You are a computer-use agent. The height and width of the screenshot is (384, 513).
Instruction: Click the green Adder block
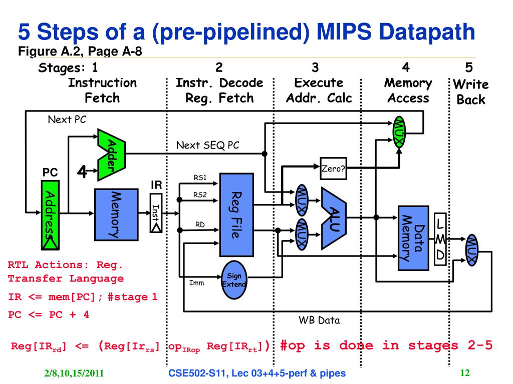[x=112, y=155]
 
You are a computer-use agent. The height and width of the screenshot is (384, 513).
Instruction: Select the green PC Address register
[x=51, y=215]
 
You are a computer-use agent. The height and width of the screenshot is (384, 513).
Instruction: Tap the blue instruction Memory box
[x=116, y=214]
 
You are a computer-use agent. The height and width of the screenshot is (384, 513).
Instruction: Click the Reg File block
[x=236, y=214]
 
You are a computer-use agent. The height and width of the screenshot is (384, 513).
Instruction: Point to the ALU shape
[x=334, y=218]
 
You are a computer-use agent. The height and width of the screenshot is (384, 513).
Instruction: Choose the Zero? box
[x=333, y=168]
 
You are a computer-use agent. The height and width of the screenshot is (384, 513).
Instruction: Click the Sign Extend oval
[x=234, y=280]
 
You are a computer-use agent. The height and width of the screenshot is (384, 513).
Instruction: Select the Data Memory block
[x=413, y=238]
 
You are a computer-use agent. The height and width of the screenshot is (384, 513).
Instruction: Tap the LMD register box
[x=440, y=239]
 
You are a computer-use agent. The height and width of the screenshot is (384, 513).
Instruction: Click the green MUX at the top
[x=399, y=132]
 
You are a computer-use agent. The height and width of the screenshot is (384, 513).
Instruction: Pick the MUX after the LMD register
[x=472, y=250]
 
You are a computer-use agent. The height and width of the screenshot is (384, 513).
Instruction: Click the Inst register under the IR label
[x=156, y=213]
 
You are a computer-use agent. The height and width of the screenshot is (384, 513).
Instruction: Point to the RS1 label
[x=200, y=177]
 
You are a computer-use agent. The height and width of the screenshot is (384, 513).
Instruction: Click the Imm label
[x=196, y=283]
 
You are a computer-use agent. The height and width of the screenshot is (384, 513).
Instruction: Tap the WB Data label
[x=319, y=320]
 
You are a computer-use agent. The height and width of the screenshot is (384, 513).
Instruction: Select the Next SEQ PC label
[x=208, y=145]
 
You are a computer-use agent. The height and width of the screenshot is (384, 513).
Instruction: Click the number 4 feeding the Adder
[x=82, y=171]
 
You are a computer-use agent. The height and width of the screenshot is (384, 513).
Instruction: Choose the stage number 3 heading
[x=315, y=67]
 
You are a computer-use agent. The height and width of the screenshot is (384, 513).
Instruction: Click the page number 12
[x=465, y=372]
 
